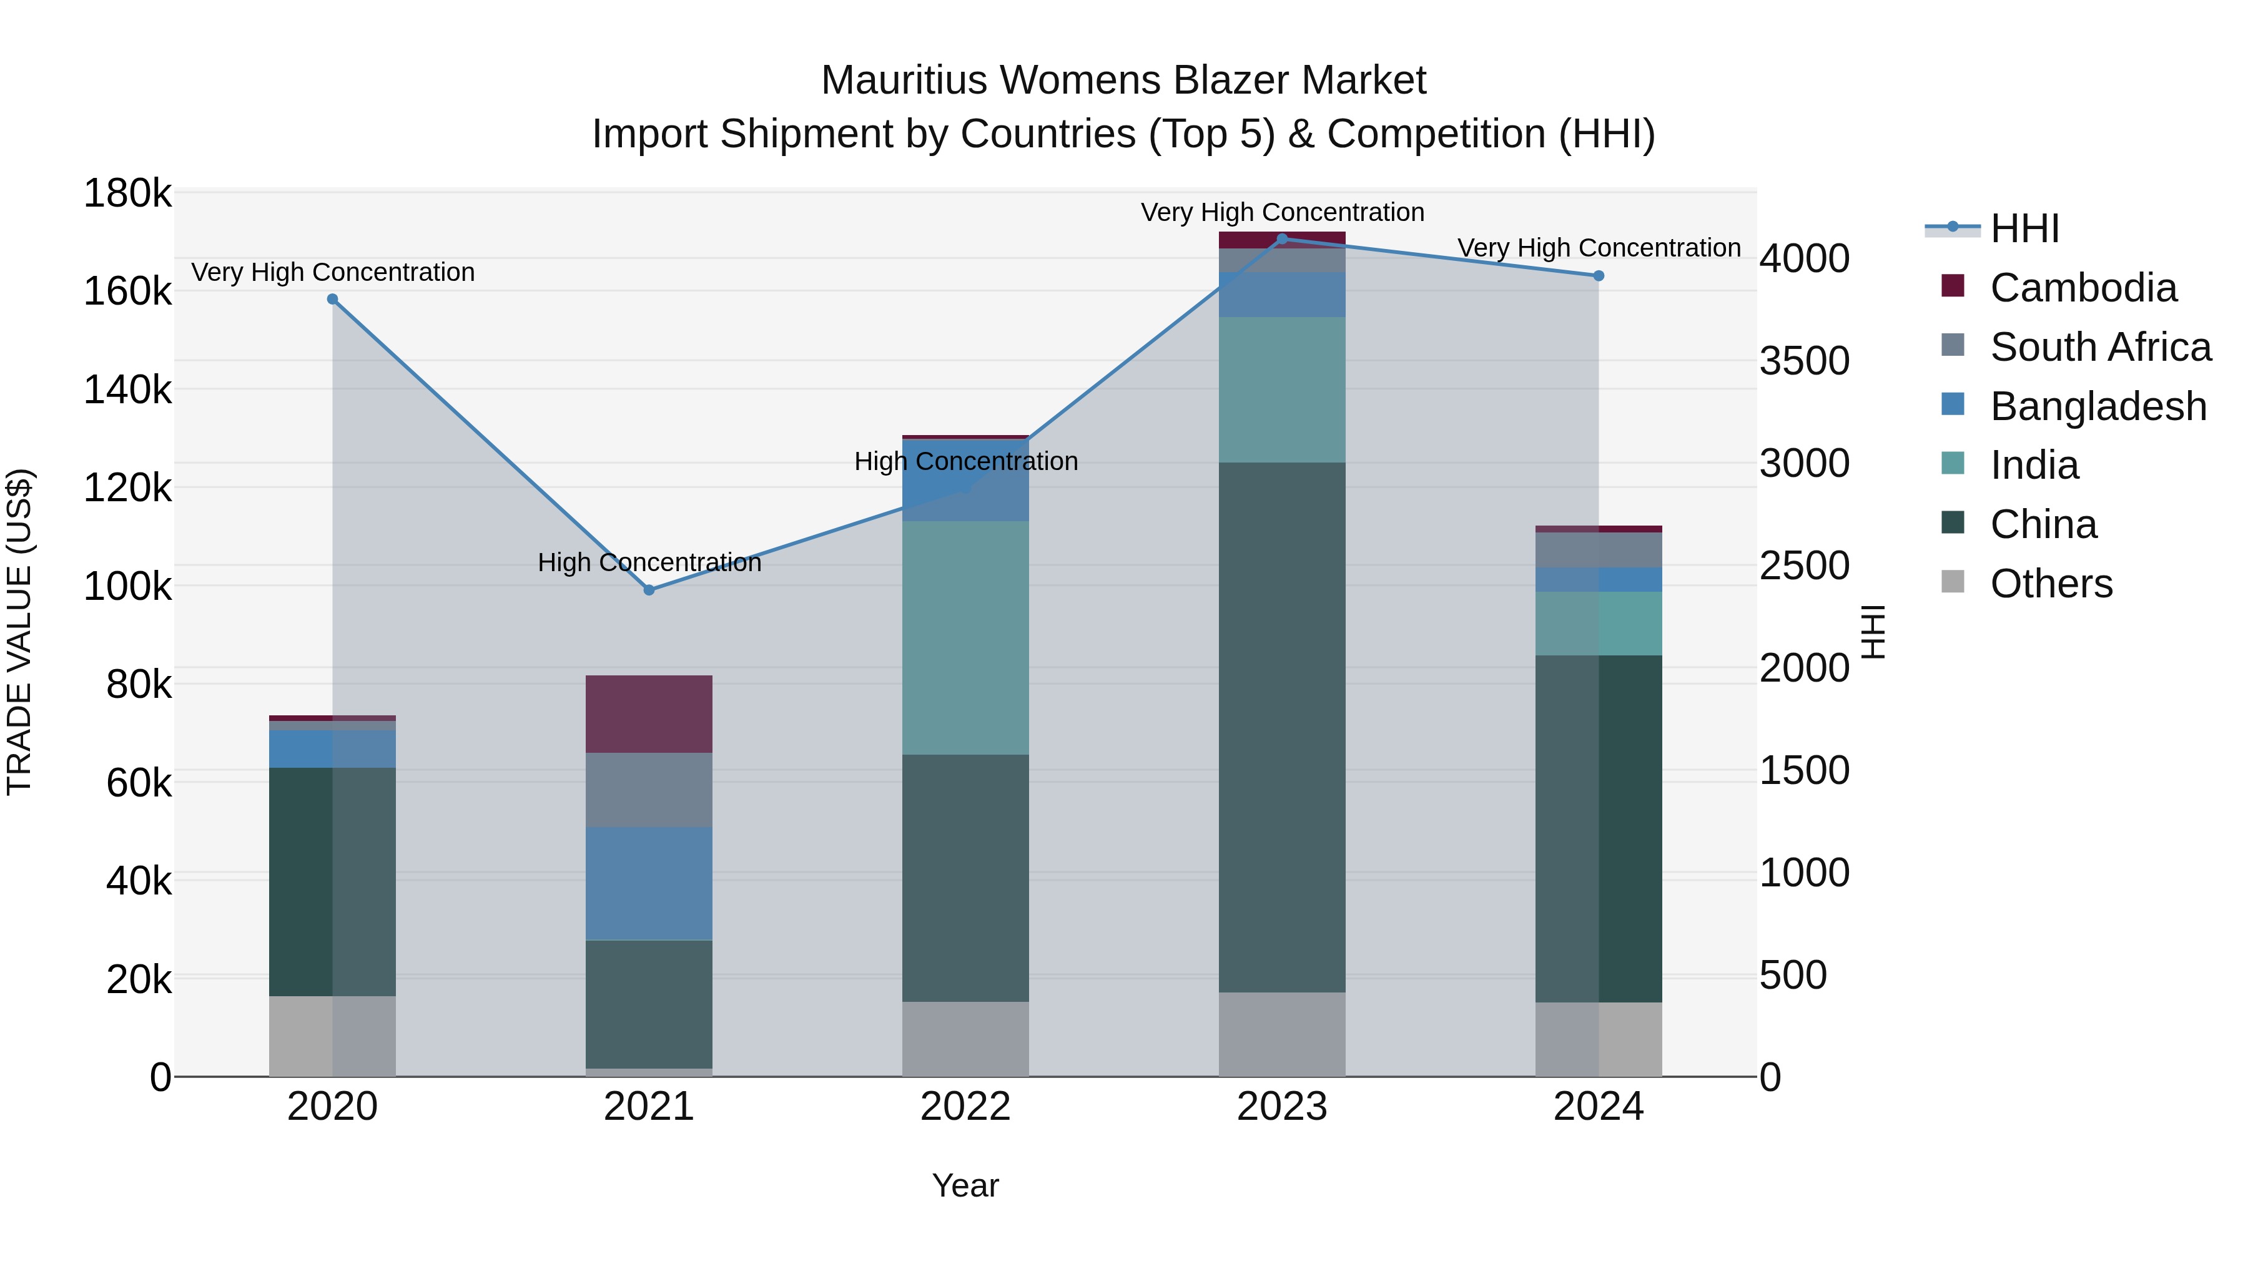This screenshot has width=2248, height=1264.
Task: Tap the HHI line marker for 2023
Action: [1282, 238]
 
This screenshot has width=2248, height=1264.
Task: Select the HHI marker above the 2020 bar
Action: [332, 299]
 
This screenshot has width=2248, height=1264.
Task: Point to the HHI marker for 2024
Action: [1599, 276]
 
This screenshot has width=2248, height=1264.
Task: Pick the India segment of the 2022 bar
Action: [965, 638]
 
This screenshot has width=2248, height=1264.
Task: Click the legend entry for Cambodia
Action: [2083, 288]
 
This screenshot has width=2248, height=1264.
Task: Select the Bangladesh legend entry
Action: [2098, 406]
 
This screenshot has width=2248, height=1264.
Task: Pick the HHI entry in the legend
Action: [2024, 228]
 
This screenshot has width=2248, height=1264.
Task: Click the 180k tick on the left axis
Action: [127, 194]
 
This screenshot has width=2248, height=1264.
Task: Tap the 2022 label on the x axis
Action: [965, 1107]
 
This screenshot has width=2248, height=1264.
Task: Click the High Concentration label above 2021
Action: [649, 562]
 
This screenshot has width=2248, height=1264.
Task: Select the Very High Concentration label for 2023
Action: [1282, 212]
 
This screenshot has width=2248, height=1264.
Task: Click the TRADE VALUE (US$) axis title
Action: [19, 632]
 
